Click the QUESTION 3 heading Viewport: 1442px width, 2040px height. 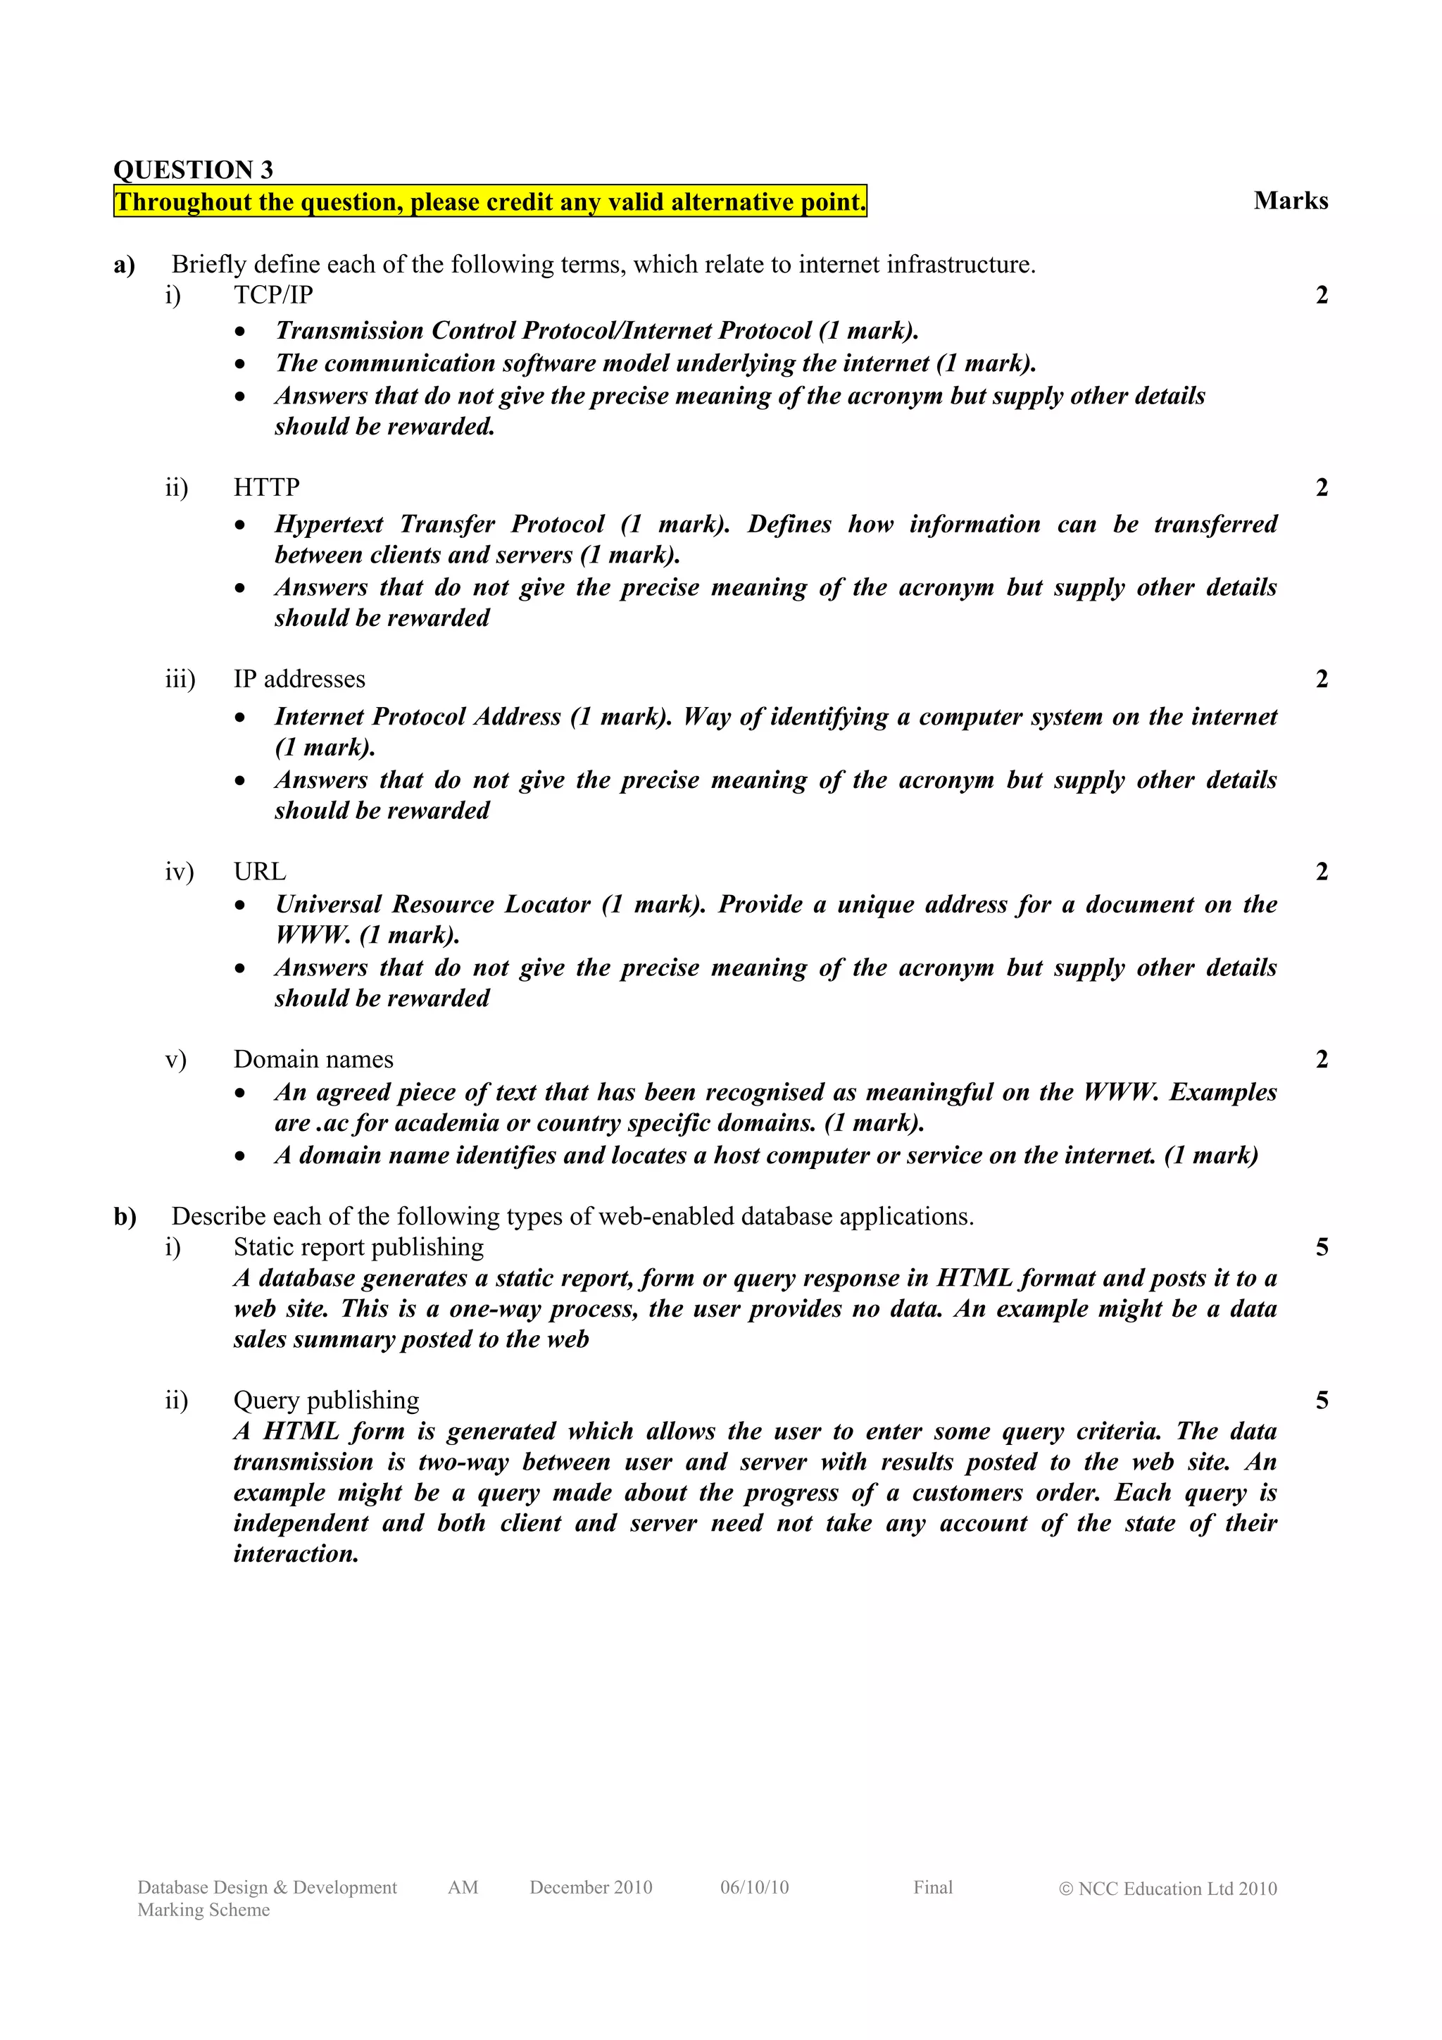[193, 169]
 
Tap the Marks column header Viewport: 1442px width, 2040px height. [1290, 201]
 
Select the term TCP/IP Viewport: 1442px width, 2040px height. [272, 294]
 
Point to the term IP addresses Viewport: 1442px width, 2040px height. [299, 679]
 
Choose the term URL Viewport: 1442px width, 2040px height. [259, 872]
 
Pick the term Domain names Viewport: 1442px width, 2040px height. [313, 1059]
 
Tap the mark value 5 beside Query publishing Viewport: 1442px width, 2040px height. [1321, 1401]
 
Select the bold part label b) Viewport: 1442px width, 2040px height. [125, 1215]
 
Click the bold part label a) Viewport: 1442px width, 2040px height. [125, 264]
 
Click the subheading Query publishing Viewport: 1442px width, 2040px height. [326, 1401]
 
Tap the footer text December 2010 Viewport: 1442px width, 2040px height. [591, 1887]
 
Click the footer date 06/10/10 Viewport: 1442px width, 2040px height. [754, 1887]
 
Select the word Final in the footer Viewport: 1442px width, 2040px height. [932, 1887]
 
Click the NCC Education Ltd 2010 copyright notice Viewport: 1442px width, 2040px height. [1167, 1888]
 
